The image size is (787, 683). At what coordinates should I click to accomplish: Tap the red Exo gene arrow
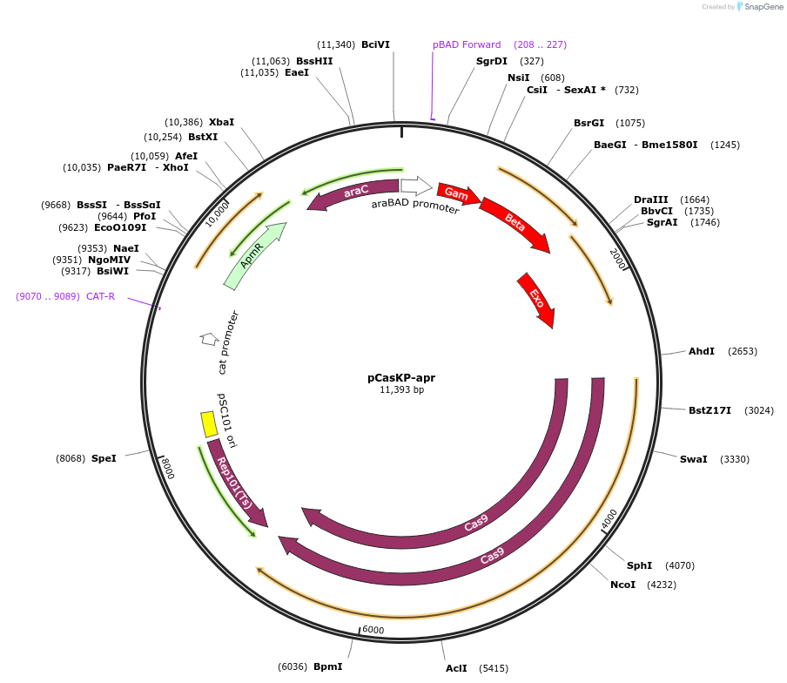tap(536, 299)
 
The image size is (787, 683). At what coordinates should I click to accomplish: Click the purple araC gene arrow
tap(353, 193)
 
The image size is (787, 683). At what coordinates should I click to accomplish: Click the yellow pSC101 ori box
tap(209, 424)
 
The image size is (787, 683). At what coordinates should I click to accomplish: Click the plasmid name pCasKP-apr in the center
tap(401, 378)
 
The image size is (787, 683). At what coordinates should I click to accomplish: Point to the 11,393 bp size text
tap(401, 390)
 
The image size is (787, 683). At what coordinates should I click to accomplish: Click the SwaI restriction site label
tap(693, 459)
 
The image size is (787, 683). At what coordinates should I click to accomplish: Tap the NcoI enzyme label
tap(622, 585)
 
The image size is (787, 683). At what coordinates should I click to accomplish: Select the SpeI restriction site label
tap(104, 458)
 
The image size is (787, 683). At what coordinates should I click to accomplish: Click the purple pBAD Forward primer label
tap(467, 44)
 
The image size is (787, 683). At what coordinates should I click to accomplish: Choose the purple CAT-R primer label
tap(100, 296)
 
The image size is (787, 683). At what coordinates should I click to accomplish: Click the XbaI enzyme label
tap(221, 123)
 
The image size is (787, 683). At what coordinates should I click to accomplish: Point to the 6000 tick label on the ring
tap(373, 630)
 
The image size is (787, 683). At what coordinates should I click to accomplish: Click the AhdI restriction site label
tap(701, 351)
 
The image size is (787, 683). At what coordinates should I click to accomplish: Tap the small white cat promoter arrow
tap(209, 338)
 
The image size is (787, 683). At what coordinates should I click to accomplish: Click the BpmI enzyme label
tap(327, 666)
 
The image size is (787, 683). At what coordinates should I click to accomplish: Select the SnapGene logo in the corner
tap(760, 7)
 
